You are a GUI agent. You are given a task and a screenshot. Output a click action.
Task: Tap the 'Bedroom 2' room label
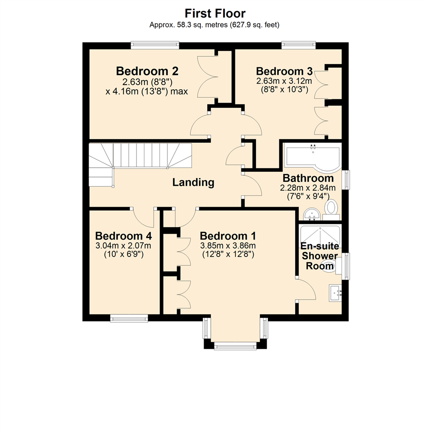coord(147,71)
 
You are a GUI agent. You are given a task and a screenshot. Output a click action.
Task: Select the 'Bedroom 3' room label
coord(284,71)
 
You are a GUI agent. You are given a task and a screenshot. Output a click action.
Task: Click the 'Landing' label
coord(193,183)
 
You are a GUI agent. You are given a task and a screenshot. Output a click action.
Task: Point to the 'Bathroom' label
coord(308,178)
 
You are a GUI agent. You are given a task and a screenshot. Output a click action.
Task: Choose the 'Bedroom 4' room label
coord(123,235)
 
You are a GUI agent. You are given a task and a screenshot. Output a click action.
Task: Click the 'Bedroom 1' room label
coord(228,235)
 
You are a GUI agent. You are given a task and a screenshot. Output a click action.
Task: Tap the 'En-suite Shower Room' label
coord(319,255)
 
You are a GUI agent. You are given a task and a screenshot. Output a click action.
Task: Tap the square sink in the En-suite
coord(334,293)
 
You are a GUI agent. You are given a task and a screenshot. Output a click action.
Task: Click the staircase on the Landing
coord(140,160)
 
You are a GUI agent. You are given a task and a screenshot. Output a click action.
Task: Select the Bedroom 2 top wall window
coord(155,45)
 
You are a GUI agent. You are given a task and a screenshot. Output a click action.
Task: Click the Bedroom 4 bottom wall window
coord(129,318)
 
